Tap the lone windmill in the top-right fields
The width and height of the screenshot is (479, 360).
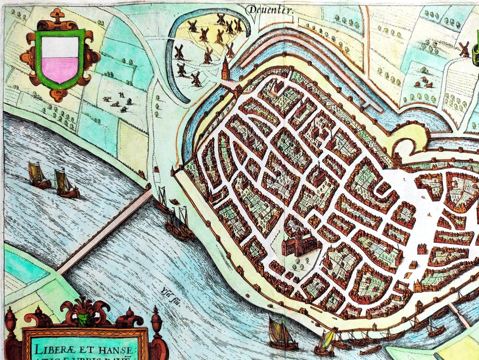[464, 49]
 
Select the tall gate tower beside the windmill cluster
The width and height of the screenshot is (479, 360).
[226, 70]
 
